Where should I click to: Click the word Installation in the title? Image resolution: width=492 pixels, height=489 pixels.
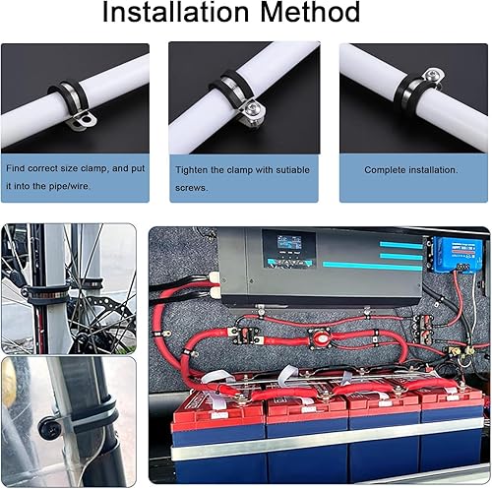click(x=176, y=12)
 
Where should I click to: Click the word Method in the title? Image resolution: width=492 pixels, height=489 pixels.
click(x=310, y=12)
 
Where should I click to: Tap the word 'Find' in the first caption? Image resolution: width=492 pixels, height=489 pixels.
click(x=16, y=168)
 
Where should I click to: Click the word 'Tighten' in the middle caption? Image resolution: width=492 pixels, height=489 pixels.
click(x=191, y=170)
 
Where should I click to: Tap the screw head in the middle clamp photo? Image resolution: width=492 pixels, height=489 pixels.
click(x=253, y=107)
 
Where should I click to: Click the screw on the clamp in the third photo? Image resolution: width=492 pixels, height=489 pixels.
click(x=433, y=75)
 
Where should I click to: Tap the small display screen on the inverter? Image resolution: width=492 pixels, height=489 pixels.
click(x=289, y=243)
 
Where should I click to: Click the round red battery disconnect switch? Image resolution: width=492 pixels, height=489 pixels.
click(x=319, y=336)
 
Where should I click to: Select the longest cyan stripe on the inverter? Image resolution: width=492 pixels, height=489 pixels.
click(x=372, y=266)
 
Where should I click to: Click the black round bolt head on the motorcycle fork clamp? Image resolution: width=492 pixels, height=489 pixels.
click(x=49, y=427)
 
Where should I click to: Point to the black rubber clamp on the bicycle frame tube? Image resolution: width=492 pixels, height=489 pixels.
click(x=46, y=293)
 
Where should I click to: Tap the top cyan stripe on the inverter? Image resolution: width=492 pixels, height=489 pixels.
click(x=400, y=245)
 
